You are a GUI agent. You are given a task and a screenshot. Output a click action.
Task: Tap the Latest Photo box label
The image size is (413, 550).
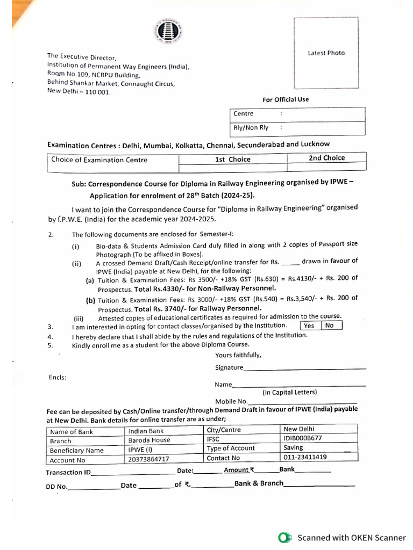[326, 53]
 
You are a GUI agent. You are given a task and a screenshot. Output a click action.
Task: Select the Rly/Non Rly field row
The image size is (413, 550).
[297, 128]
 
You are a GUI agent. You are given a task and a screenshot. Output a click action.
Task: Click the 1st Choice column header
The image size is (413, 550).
[232, 160]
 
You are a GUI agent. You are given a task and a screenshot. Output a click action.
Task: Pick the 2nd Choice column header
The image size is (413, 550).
[326, 158]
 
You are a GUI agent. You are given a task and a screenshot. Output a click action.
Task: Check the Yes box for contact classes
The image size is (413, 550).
[309, 325]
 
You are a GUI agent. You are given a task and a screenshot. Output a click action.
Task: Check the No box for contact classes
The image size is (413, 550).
[330, 325]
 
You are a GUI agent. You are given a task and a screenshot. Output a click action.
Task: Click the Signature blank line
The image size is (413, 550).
[304, 368]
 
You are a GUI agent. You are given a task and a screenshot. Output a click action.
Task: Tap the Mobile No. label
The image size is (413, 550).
[231, 401]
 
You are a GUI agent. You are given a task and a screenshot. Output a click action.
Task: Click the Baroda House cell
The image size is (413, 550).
[149, 440]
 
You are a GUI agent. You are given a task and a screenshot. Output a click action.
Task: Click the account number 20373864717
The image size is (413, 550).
[149, 460]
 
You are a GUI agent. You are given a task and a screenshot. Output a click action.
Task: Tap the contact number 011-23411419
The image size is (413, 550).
[305, 458]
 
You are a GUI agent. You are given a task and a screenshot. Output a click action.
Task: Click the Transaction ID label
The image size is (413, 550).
[68, 473]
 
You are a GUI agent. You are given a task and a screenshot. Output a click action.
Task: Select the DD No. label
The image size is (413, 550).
[56, 486]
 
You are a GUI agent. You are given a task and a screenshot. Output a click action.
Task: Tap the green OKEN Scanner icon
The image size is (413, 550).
[285, 537]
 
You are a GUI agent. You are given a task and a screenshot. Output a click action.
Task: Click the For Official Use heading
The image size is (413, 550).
[286, 99]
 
